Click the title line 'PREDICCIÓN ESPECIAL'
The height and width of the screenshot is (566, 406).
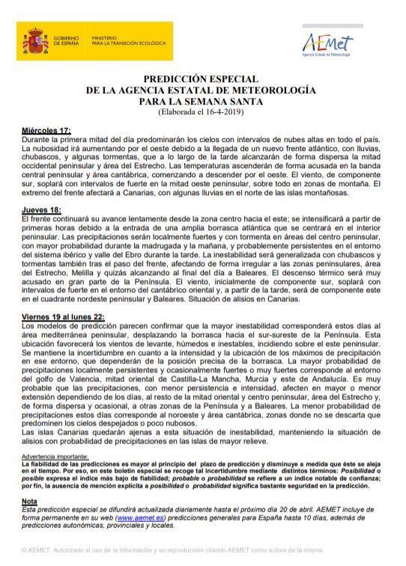pyautogui.click(x=202, y=79)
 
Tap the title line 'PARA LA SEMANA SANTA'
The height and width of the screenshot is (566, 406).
pyautogui.click(x=202, y=101)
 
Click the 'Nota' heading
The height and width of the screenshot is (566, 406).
pyautogui.click(x=29, y=500)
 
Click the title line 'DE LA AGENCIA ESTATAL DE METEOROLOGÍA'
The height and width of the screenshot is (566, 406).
pyautogui.click(x=202, y=90)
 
